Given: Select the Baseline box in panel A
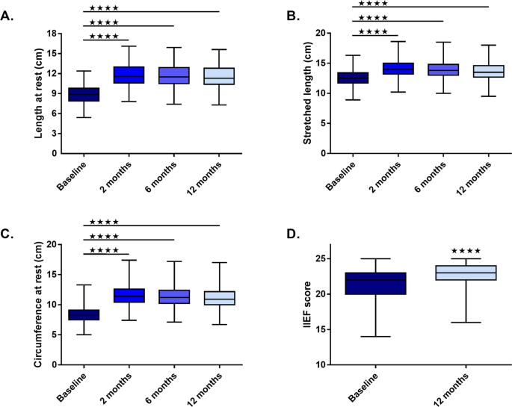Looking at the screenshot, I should coord(84,94).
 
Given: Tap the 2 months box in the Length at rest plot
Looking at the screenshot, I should coord(129,75).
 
